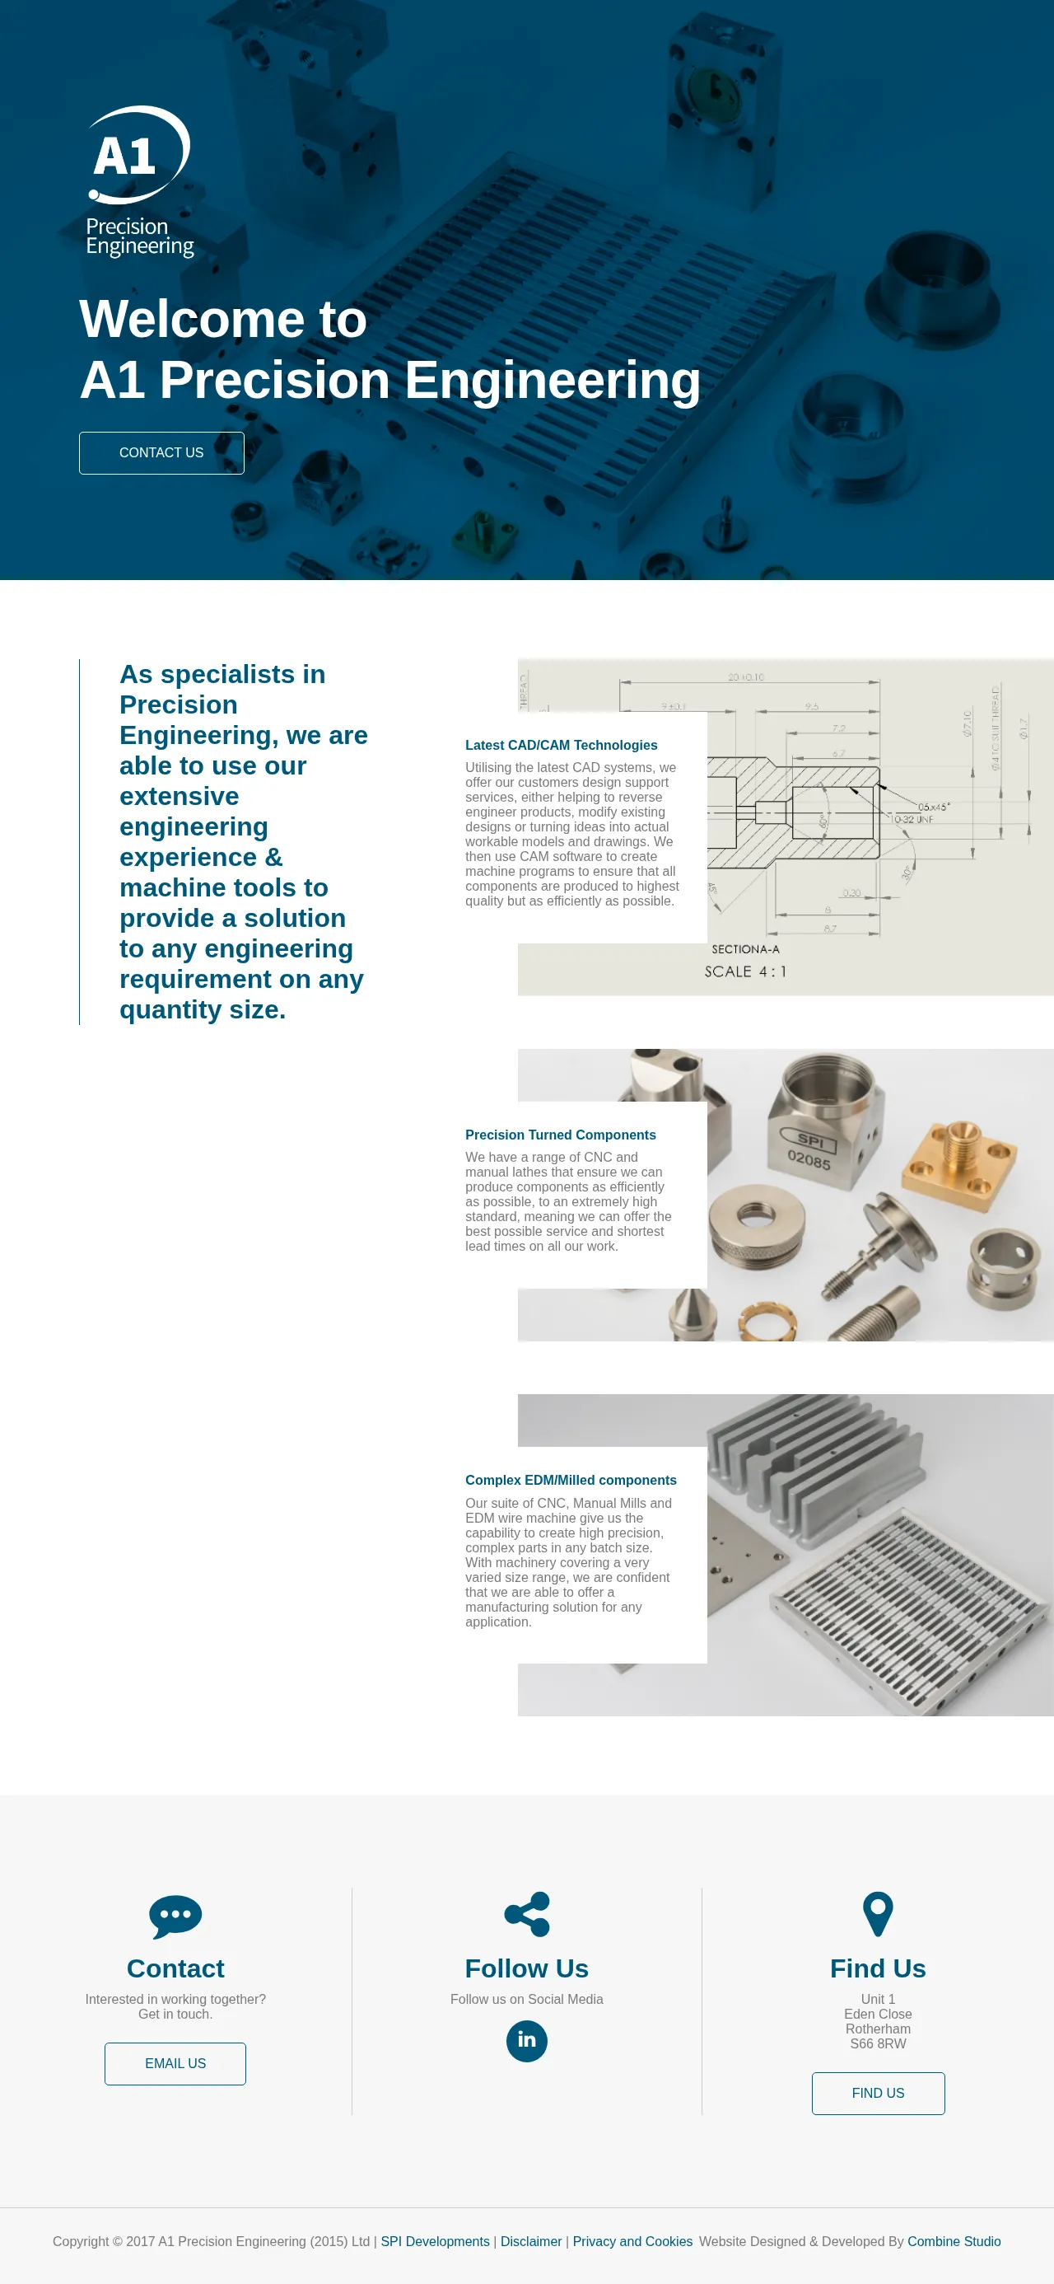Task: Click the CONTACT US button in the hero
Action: [161, 453]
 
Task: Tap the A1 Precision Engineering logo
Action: [139, 182]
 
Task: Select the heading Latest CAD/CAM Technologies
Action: [561, 746]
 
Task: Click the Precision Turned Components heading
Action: [560, 1135]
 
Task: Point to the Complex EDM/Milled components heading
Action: [570, 1480]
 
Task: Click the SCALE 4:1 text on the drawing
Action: [744, 971]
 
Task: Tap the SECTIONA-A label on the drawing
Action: [745, 949]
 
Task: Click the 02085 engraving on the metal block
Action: [809, 1158]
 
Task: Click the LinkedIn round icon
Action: [526, 2041]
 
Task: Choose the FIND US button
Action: [878, 2094]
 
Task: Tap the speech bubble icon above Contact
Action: [175, 1917]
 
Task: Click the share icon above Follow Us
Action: [526, 1914]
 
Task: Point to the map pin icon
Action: [878, 1914]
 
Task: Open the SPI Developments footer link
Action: [435, 2241]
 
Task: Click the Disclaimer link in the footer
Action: [531, 2241]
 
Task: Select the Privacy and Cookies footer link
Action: [632, 2241]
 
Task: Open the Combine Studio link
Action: [954, 2241]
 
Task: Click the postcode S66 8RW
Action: [878, 2043]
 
